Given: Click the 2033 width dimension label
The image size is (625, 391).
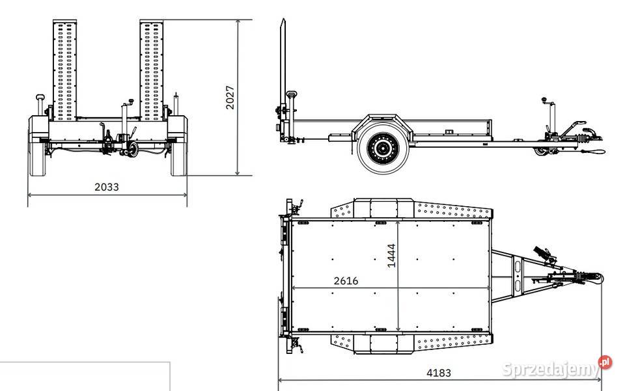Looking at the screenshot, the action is (106, 187).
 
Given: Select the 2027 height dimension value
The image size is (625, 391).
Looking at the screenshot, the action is (230, 97).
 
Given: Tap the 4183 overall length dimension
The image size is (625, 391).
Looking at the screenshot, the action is (438, 373).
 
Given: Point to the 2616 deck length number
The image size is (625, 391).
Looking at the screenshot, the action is (346, 280).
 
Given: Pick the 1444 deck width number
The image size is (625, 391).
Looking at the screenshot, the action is (391, 256).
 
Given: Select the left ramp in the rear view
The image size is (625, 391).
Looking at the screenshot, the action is (64, 70).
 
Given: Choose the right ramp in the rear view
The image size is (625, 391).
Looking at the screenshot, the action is (152, 70).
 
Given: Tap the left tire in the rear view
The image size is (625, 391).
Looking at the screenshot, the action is (38, 146).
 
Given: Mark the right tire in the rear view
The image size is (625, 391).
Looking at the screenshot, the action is (178, 146).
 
